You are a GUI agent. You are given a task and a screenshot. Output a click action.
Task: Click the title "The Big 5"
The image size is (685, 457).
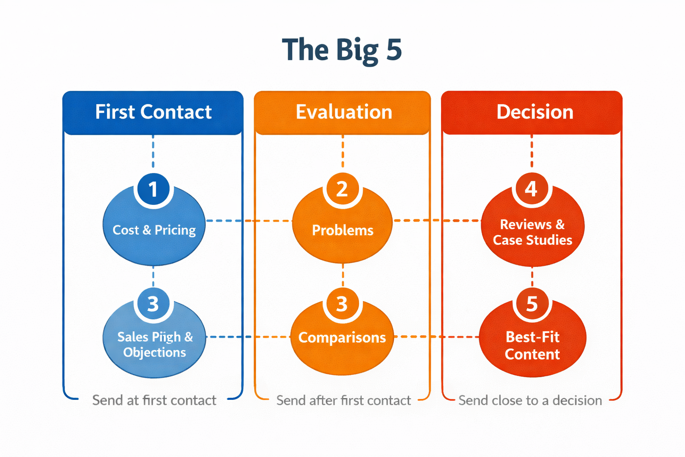(342, 50)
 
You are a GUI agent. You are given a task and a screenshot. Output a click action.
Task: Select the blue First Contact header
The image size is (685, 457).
(153, 112)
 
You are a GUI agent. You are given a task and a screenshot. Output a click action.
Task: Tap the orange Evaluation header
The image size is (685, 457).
(343, 112)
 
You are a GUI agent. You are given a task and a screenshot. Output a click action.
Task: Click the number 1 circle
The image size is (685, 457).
(153, 189)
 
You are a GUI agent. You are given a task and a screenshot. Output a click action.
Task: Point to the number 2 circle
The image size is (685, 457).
(342, 189)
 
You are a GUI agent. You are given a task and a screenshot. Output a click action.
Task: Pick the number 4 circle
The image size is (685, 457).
(531, 189)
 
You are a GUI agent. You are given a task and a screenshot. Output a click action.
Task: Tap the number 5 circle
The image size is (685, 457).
(532, 304)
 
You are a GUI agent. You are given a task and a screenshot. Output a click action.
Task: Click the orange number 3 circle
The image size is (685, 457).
(342, 304)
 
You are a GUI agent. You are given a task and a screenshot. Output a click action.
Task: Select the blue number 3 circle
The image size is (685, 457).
(153, 304)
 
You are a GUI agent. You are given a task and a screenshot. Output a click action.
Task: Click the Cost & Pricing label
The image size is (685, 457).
(154, 230)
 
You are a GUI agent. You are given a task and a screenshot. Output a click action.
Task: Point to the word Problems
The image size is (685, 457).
(342, 230)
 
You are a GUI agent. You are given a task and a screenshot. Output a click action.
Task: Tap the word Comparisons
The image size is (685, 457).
(342, 338)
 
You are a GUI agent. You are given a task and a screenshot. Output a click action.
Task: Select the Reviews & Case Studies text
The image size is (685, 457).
(532, 232)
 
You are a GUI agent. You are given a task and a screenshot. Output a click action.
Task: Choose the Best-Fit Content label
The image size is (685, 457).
(532, 345)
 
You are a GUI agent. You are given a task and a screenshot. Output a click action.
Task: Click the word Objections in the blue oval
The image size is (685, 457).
(154, 353)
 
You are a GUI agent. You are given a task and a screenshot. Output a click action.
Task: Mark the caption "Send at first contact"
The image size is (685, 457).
(154, 400)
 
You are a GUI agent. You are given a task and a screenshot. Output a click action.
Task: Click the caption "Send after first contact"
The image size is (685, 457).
(343, 400)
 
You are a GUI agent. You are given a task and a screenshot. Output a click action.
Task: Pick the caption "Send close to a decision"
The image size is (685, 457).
(530, 400)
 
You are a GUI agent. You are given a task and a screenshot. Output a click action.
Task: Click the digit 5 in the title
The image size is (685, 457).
(394, 50)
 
